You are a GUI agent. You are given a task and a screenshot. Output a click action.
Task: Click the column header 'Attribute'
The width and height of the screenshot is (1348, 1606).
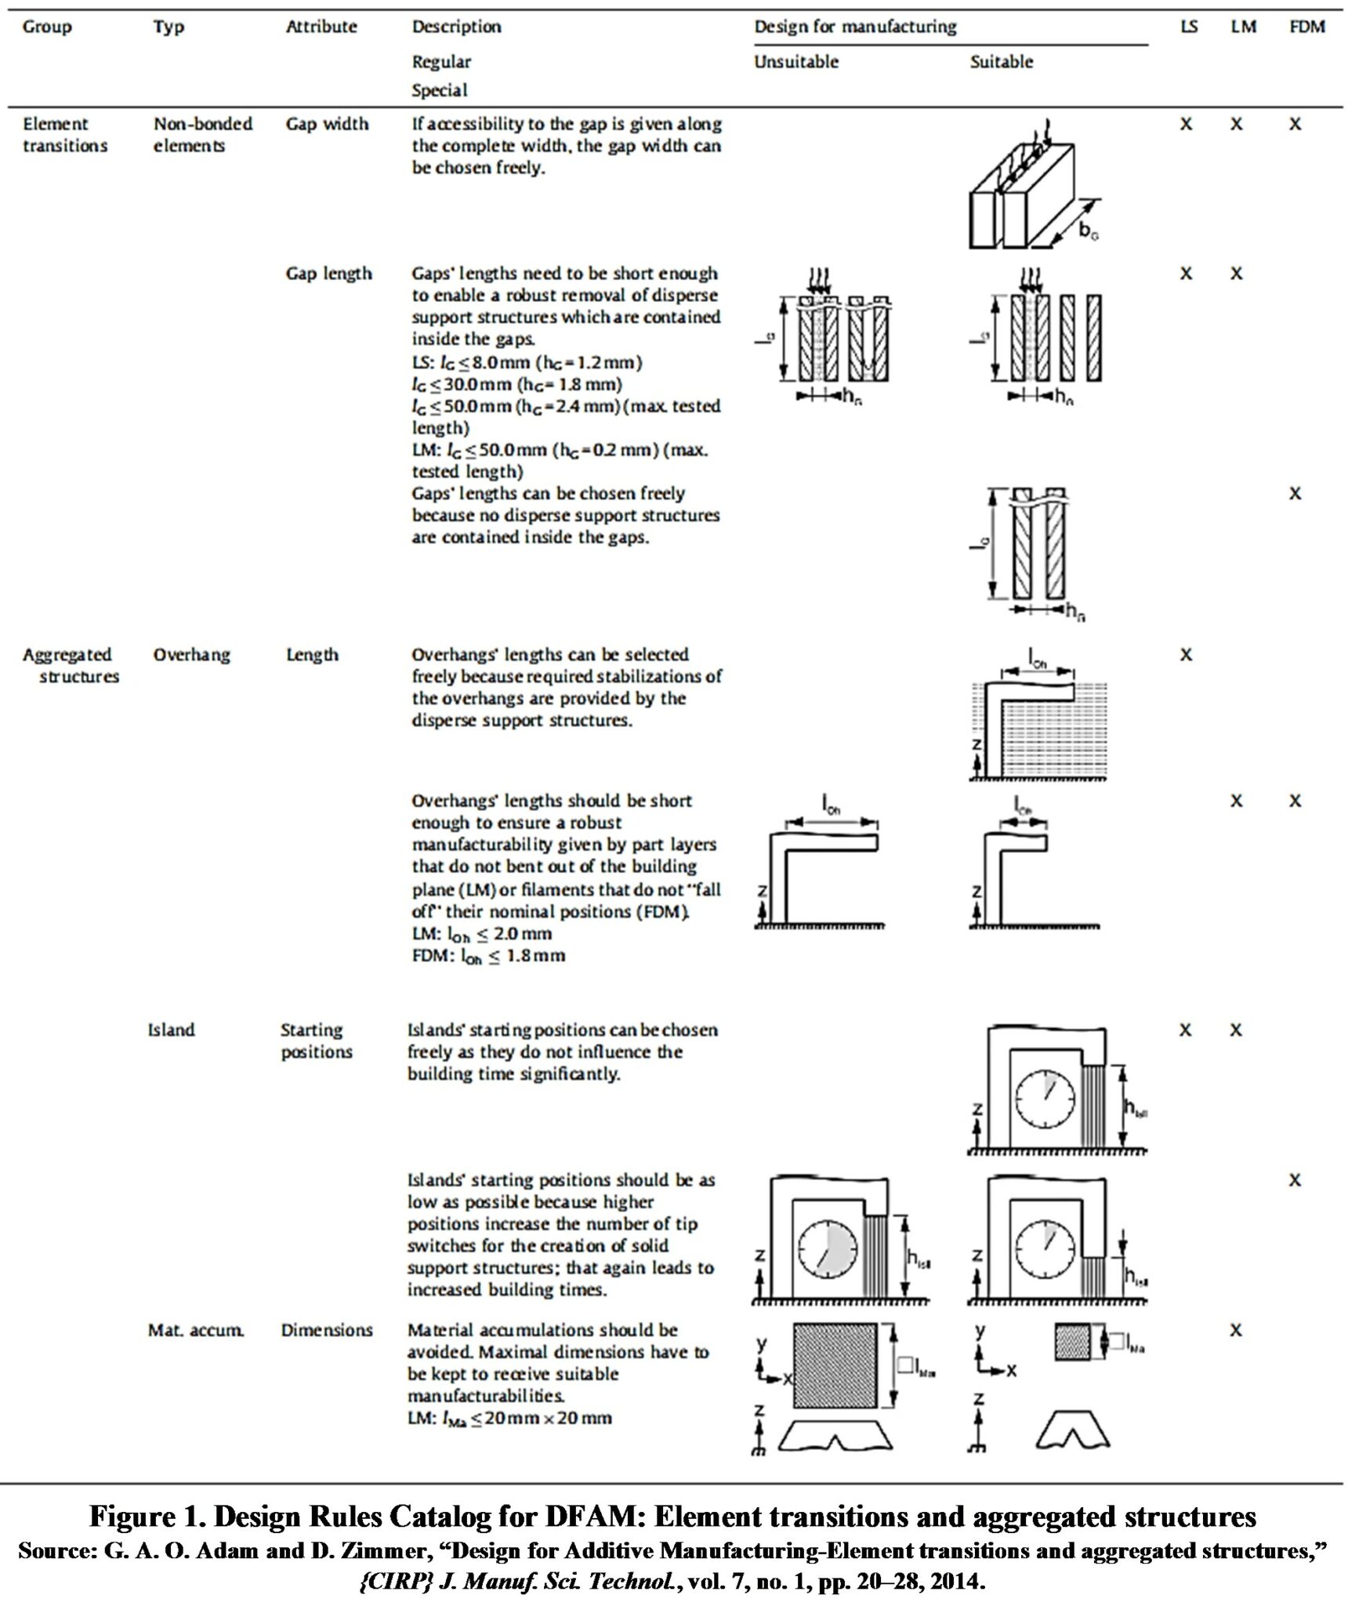[321, 27]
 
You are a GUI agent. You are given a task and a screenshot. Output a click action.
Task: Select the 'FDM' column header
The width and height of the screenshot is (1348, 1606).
[1306, 27]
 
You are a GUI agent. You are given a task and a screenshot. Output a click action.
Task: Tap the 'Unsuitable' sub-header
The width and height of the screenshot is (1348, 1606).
[795, 62]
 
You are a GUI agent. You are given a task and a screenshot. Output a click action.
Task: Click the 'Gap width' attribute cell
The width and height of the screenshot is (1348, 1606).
[327, 124]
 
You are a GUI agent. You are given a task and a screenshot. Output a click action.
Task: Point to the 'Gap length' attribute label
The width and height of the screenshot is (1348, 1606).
[328, 274]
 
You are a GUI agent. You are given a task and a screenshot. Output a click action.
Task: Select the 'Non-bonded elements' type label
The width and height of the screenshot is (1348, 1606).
[202, 135]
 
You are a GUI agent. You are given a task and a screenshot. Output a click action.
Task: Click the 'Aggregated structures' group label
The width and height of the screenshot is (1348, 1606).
[70, 665]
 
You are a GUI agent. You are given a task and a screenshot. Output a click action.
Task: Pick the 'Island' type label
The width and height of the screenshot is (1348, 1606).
[171, 1030]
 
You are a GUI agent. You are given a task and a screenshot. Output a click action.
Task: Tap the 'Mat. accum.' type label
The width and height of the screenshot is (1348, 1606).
[196, 1330]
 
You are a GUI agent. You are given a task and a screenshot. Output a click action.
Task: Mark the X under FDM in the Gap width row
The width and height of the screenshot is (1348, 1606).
[1295, 124]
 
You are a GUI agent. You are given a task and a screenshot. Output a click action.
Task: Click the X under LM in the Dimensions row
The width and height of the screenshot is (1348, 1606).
[1236, 1330]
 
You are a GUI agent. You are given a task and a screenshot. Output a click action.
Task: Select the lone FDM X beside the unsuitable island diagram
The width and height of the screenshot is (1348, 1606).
[1295, 1180]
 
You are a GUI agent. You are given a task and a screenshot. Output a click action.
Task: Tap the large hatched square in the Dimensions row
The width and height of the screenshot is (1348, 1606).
[835, 1365]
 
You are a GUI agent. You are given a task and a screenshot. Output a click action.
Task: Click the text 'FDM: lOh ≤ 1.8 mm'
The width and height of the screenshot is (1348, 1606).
[487, 956]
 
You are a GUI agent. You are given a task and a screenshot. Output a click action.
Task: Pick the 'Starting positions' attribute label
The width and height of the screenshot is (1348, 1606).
[317, 1041]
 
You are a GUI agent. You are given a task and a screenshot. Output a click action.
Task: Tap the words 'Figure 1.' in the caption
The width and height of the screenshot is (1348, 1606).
[146, 1517]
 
